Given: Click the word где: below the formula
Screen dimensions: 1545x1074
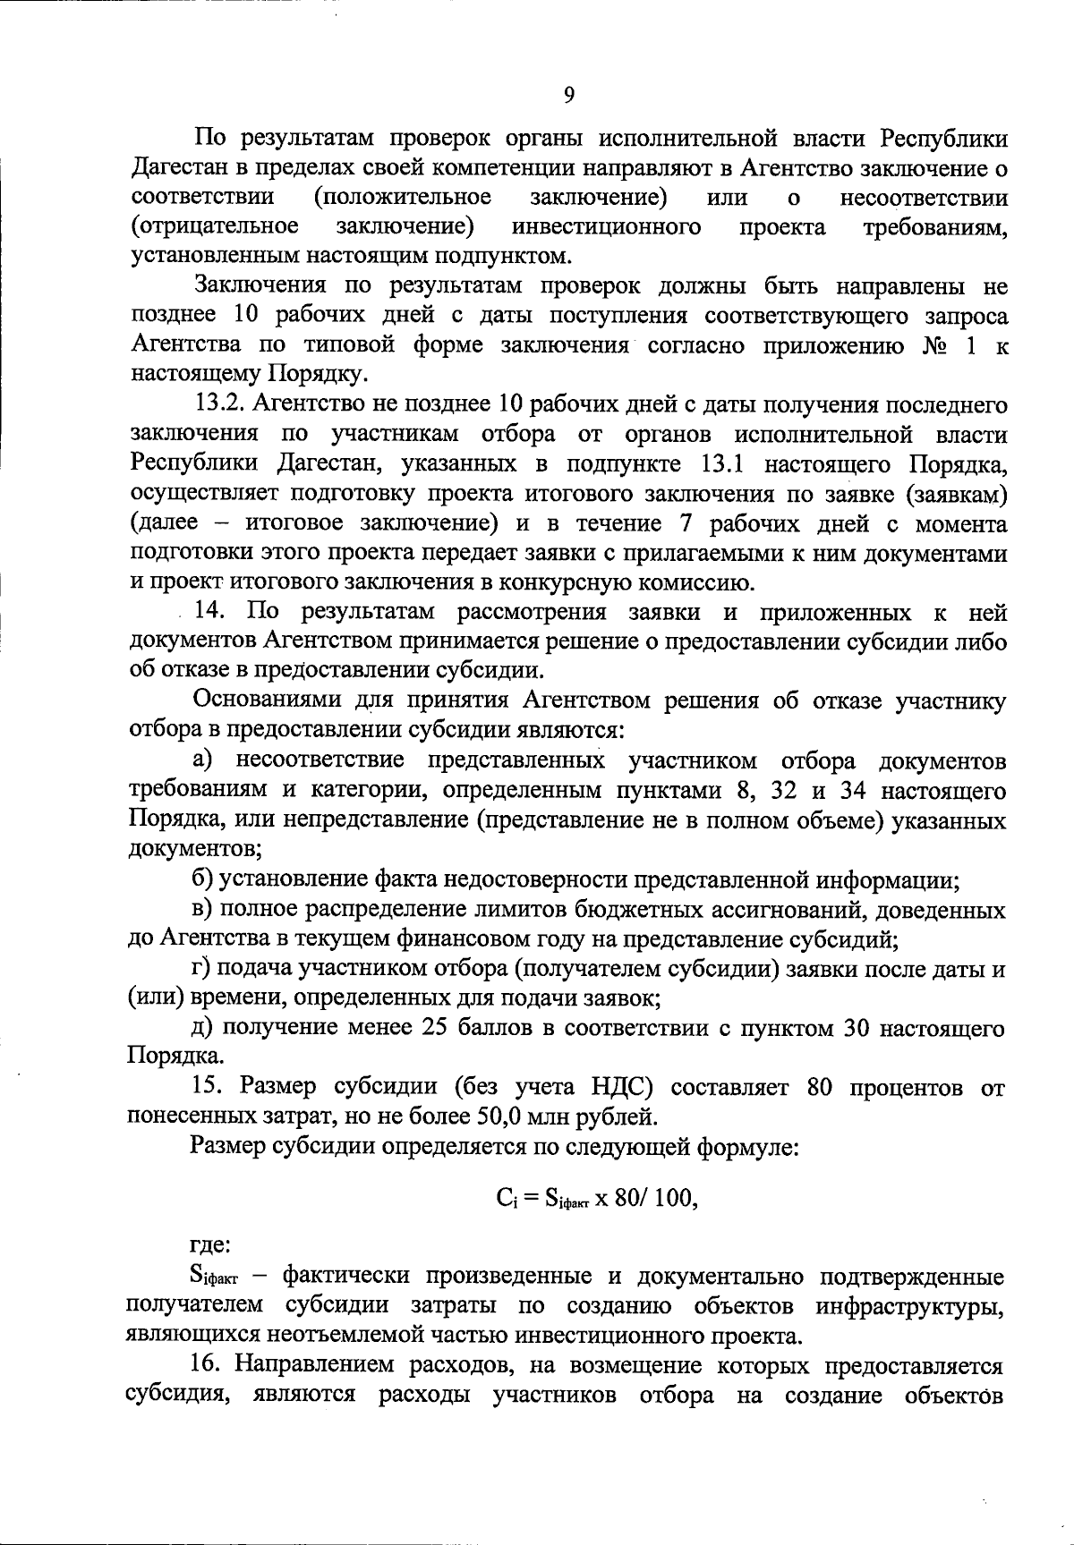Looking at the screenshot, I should [x=210, y=1244].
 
